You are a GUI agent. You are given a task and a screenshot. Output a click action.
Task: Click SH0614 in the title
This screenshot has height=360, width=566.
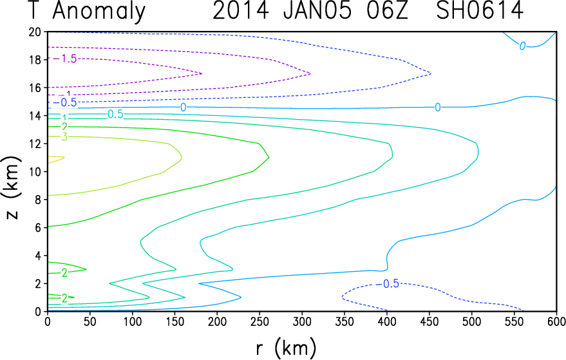point(480,10)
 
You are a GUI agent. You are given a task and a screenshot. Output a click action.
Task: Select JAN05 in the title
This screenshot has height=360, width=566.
point(317,10)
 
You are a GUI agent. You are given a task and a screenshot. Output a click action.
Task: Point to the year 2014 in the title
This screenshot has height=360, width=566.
point(241,10)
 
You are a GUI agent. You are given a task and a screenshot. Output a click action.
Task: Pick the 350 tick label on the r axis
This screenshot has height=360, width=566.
point(344,321)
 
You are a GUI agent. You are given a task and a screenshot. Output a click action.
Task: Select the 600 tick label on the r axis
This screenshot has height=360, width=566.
point(556,321)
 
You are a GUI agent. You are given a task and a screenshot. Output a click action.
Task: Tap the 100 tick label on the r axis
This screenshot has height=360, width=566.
point(132,321)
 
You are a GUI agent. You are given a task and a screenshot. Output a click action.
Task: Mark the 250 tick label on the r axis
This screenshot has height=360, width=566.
point(259,321)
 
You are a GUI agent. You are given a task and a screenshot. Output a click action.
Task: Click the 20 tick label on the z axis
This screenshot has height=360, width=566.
point(35,32)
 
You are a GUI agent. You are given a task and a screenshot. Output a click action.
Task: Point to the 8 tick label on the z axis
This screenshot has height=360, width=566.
point(38,200)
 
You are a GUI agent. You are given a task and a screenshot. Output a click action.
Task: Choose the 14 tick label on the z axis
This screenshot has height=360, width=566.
point(35,115)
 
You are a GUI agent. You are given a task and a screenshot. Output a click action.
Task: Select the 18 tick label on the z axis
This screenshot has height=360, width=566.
point(35,60)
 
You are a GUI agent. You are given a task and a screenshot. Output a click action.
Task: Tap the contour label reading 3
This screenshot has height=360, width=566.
point(64,137)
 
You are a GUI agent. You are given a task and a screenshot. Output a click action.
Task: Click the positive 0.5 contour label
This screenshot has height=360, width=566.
point(115,115)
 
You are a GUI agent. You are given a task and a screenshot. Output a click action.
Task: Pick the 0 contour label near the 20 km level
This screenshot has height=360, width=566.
point(522,46)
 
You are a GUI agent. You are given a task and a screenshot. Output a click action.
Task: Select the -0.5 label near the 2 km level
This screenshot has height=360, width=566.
point(388,284)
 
